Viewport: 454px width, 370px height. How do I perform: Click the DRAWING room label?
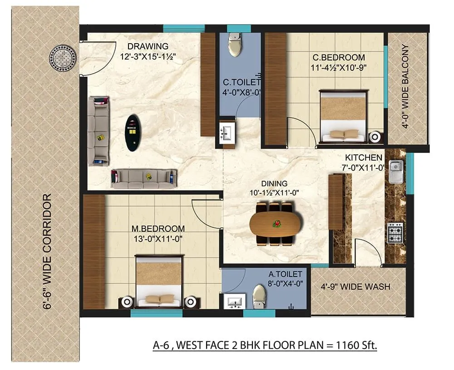pyautogui.click(x=148, y=46)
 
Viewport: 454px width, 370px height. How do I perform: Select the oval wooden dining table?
pyautogui.click(x=276, y=224)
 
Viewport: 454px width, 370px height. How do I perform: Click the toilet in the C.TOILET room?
pyautogui.click(x=235, y=45)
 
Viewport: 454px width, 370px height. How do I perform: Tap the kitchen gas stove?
pyautogui.click(x=395, y=232)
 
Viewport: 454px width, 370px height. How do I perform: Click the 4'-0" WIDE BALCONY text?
pyautogui.click(x=405, y=87)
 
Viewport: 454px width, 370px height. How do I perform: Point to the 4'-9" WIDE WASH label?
pyautogui.click(x=355, y=287)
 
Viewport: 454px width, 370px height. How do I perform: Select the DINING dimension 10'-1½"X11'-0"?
pyautogui.click(x=275, y=192)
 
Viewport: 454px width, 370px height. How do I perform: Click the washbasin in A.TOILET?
pyautogui.click(x=234, y=301)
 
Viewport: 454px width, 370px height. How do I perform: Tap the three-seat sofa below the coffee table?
pyautogui.click(x=143, y=178)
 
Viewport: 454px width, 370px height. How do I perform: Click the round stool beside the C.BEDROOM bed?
pyautogui.click(x=375, y=137)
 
